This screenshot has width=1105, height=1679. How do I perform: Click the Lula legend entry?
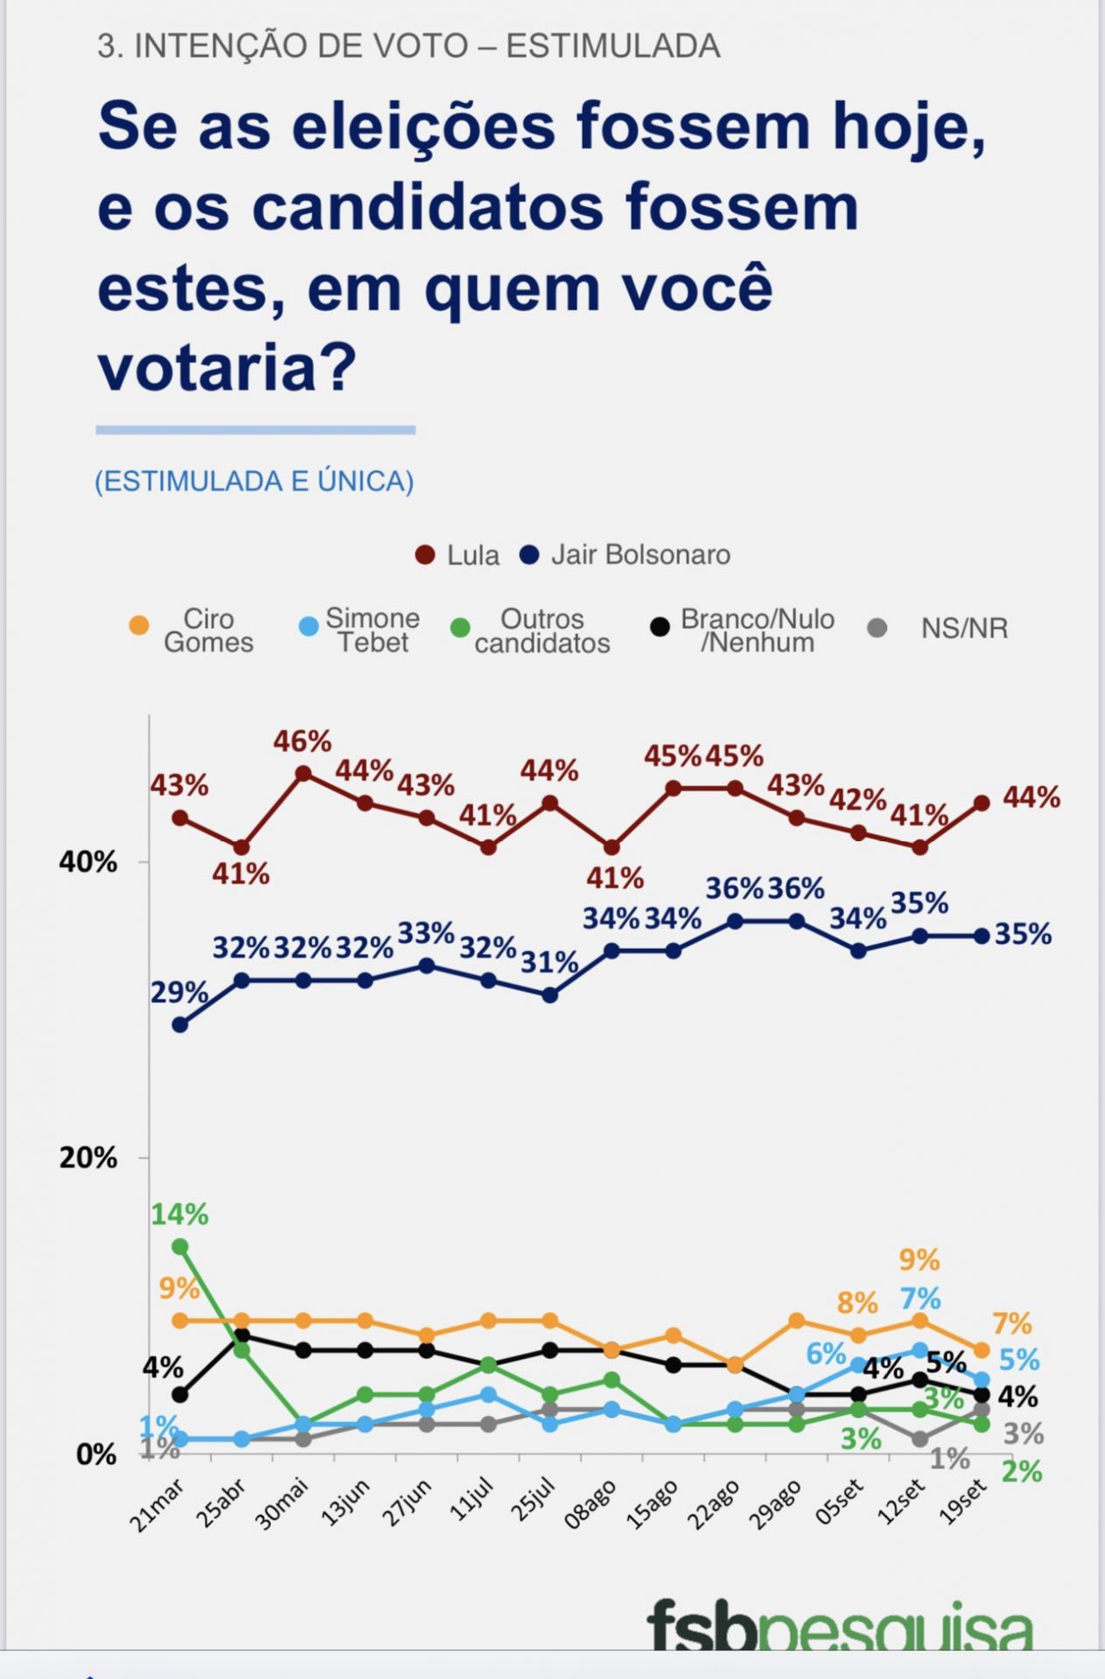click(458, 555)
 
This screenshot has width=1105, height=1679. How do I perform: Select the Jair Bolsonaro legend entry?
click(626, 555)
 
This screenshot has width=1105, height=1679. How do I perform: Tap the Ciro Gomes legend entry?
click(192, 630)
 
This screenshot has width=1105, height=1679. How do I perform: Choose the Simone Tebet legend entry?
click(360, 630)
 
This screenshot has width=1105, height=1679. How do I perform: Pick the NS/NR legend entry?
click(940, 628)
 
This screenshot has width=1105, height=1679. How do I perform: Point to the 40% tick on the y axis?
click(87, 862)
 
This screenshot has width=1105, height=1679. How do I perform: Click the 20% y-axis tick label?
click(87, 1158)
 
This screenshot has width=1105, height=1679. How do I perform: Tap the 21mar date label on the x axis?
click(157, 1506)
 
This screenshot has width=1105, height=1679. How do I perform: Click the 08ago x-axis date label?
click(591, 1504)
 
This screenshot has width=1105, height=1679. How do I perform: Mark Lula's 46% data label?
click(302, 742)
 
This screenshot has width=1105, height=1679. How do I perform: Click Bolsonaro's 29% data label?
click(179, 993)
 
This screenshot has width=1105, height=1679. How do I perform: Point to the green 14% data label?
click(179, 1214)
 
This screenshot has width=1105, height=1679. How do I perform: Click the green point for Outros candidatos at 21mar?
click(180, 1246)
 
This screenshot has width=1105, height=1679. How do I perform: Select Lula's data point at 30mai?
click(304, 774)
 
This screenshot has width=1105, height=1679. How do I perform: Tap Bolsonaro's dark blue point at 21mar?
click(180, 1025)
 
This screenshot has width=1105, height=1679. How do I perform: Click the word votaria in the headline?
click(227, 367)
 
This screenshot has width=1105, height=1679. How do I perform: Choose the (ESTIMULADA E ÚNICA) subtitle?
click(254, 481)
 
